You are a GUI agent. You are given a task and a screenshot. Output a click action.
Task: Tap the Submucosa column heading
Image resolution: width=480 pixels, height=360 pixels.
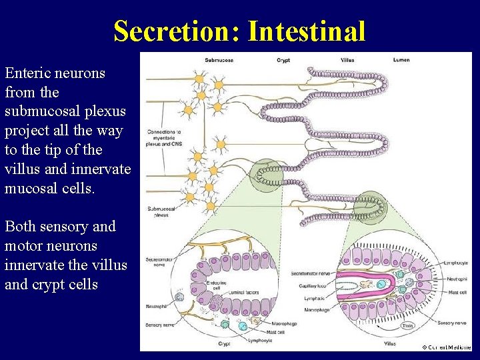(219, 60)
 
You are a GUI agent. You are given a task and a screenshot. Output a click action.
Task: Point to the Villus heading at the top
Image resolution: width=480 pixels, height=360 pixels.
(347, 60)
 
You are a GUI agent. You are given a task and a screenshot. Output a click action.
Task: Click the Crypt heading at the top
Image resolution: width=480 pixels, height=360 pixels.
(283, 60)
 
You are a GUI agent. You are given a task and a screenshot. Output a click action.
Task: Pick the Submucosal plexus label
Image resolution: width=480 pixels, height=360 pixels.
(161, 211)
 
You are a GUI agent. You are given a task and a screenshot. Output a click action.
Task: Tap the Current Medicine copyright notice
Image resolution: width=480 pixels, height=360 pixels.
(446, 347)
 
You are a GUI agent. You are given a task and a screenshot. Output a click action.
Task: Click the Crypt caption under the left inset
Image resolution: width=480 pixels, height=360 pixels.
(224, 344)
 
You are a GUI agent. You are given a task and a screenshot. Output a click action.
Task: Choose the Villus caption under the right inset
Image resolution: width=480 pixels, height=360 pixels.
(389, 344)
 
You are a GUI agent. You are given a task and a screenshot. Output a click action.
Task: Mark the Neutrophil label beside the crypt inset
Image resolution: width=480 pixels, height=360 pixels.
(157, 307)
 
